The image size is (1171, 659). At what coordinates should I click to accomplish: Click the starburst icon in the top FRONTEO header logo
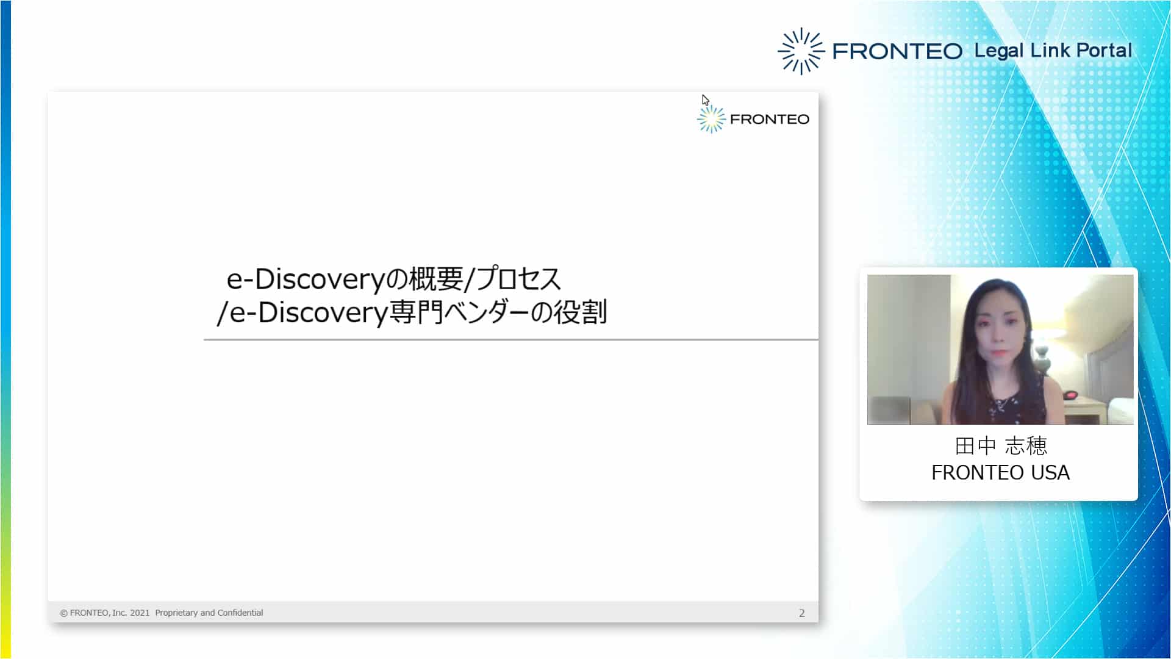coord(801,51)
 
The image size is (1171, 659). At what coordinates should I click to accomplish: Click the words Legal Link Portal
coord(1053,51)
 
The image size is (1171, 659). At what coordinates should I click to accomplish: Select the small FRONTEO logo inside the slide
coord(753,119)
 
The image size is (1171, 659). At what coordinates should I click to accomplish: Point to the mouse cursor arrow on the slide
coord(706,101)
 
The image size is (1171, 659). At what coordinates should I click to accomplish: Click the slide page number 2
coord(802,613)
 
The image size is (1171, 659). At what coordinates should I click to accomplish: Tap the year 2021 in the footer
coord(140,613)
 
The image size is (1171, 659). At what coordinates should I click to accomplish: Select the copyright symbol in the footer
coord(64,613)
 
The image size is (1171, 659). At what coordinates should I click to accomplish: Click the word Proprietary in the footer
coord(176,613)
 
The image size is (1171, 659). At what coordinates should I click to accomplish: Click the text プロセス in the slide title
coord(518,279)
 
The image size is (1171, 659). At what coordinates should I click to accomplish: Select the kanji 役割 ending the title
coord(580,312)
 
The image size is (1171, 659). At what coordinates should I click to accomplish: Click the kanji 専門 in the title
coord(415,312)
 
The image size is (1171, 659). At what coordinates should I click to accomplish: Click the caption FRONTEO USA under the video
coord(1000,473)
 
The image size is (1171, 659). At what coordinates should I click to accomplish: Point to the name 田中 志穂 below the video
coord(1001,446)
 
